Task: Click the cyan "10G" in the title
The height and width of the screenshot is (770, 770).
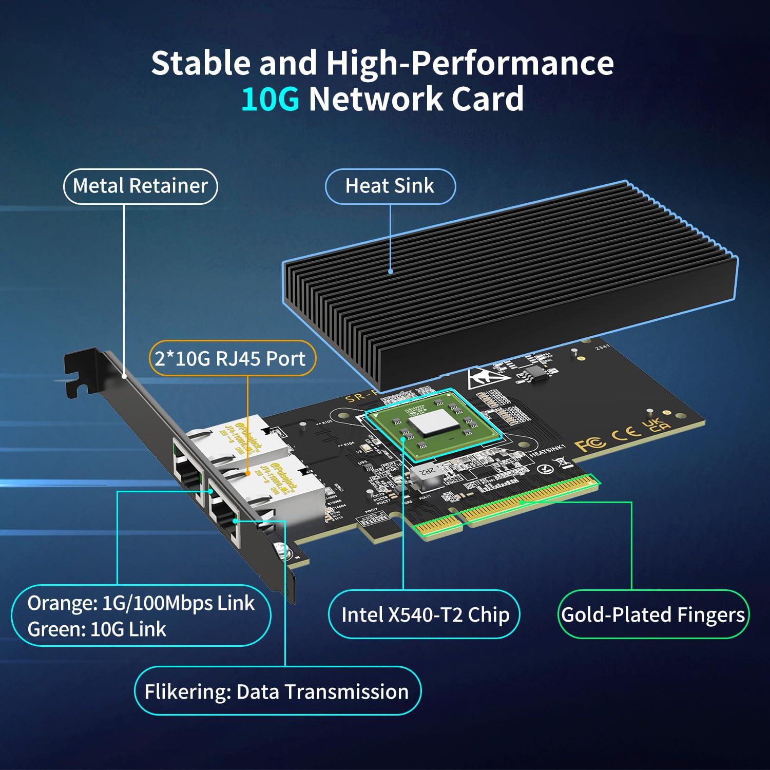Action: (x=270, y=99)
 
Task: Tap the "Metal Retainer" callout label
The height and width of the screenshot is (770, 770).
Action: (x=140, y=186)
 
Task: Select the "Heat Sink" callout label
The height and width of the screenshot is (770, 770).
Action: (x=390, y=186)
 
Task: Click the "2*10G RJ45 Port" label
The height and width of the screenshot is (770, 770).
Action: (x=230, y=358)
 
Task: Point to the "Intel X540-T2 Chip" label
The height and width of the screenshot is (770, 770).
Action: (x=425, y=614)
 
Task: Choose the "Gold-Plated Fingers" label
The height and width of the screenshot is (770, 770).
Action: (x=653, y=614)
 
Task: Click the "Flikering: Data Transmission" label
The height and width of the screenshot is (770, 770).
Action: (x=277, y=691)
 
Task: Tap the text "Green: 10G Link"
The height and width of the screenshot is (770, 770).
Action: (x=97, y=629)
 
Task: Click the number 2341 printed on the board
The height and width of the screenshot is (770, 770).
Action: (x=602, y=348)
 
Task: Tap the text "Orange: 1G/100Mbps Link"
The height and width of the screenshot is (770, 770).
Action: (x=141, y=603)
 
